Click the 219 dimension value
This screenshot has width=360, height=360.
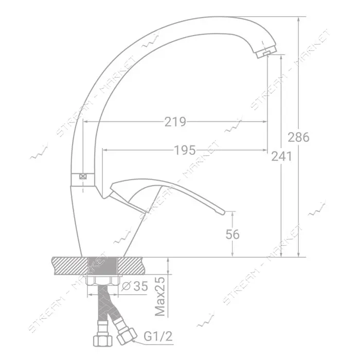point(175,122)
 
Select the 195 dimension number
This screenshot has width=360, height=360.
point(185,150)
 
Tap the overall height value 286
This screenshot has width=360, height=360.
point(298,137)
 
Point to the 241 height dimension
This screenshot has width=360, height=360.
point(282,156)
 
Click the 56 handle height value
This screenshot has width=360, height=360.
point(232,235)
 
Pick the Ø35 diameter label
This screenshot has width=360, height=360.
point(135,286)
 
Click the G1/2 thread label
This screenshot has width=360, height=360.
point(158,336)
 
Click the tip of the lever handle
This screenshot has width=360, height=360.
point(224,213)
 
